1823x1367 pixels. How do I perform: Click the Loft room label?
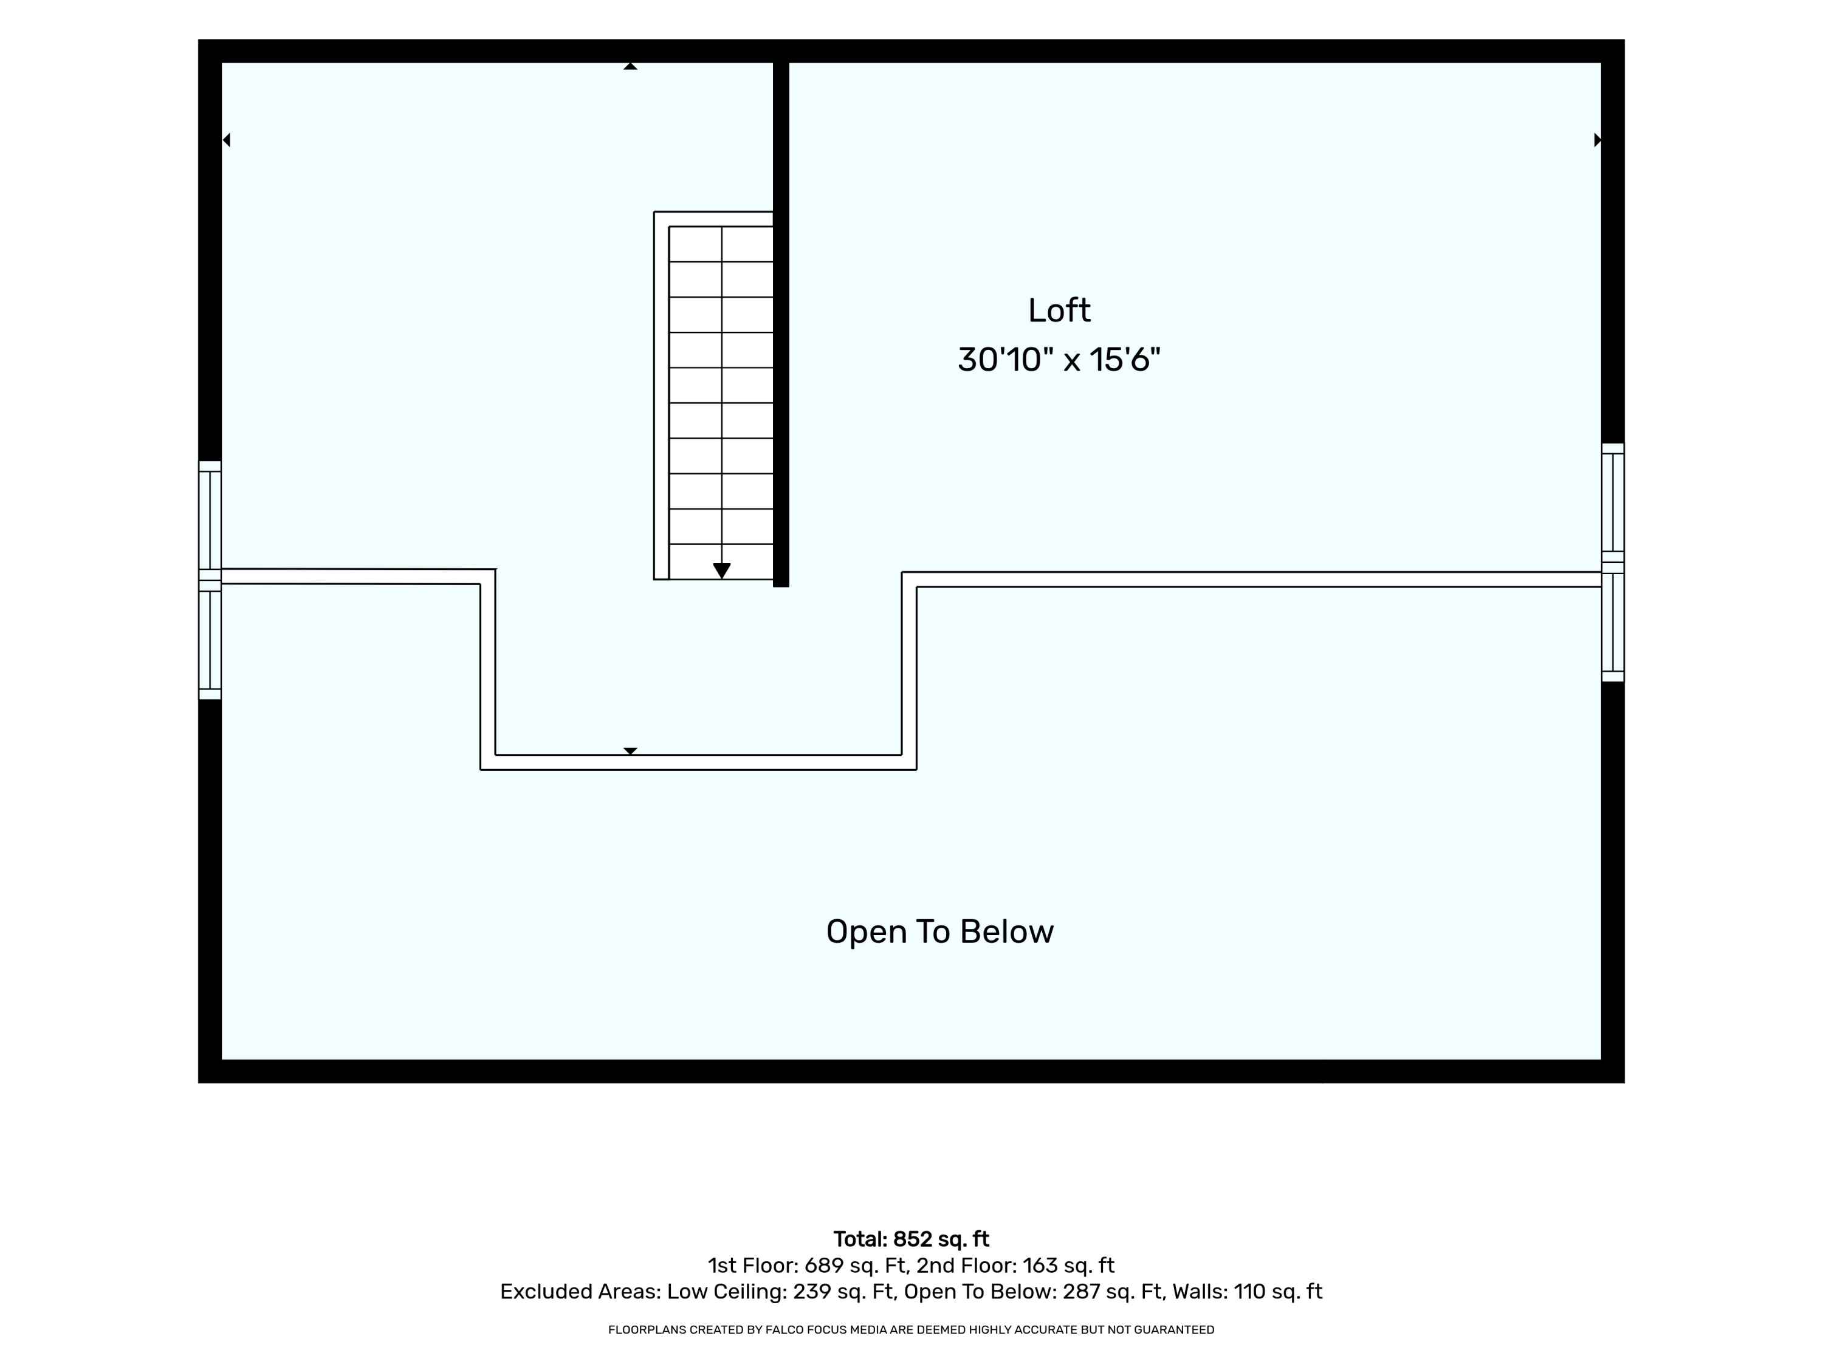click(x=1059, y=310)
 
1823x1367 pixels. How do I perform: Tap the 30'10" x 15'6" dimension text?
click(x=1059, y=360)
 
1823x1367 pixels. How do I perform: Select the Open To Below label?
click(x=939, y=932)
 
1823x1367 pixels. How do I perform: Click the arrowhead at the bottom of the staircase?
click(x=722, y=570)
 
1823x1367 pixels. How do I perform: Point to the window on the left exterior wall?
click(x=210, y=580)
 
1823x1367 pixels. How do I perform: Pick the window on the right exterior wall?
click(x=1613, y=563)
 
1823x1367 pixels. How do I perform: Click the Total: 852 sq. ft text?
click(x=911, y=1239)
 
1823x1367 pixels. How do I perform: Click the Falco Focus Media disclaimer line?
click(x=911, y=1330)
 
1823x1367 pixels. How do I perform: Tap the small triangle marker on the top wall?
click(x=631, y=66)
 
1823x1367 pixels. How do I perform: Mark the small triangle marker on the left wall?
click(x=227, y=140)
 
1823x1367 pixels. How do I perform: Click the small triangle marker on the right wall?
click(x=1597, y=140)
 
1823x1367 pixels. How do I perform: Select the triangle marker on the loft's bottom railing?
click(x=631, y=752)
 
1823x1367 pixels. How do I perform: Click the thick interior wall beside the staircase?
click(x=781, y=324)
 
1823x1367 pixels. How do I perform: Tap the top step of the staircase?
click(x=721, y=244)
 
